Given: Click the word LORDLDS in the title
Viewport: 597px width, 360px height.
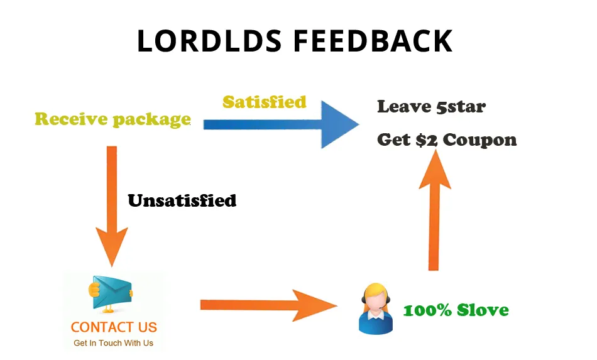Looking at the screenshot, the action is coord(209,40).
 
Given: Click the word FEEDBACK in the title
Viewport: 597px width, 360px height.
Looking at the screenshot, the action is coord(373,40).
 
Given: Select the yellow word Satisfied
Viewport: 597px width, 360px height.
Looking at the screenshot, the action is coord(265,102).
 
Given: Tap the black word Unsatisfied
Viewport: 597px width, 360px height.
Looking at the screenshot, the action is coord(182,200).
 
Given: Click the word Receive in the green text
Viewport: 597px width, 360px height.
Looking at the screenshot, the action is coord(71,119).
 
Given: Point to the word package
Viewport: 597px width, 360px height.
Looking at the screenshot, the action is coord(152,120).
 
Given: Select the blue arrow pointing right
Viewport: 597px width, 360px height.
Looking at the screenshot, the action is coord(281,124).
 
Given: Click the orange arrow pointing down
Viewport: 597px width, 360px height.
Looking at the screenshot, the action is coord(112,206).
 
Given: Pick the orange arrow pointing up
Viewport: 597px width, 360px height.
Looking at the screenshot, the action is coord(434,210).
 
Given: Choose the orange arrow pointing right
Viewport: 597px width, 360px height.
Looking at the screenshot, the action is coord(268,305).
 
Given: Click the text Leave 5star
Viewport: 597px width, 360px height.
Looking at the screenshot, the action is coord(431,107).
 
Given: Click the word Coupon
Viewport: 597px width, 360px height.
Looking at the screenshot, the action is coord(479,141).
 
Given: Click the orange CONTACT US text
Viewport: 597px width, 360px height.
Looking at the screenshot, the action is coord(114,327).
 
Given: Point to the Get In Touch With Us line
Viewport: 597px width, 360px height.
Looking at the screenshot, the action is coord(114,343).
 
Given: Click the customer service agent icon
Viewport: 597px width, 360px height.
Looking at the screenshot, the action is coord(376,308).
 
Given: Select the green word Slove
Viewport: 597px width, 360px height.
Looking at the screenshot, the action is coord(483,310).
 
